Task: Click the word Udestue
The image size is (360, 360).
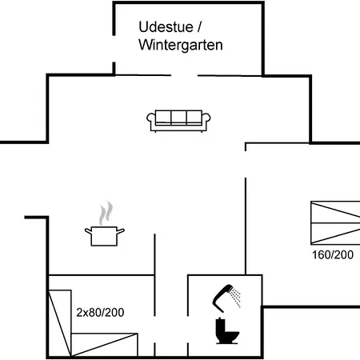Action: point(166,27)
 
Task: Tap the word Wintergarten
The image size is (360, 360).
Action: point(181,45)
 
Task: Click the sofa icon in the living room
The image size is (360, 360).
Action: point(178,121)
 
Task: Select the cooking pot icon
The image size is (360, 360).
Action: point(105,236)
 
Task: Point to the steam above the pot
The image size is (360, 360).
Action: point(106,213)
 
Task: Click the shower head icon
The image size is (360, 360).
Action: point(223,298)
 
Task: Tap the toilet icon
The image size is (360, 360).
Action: point(227,330)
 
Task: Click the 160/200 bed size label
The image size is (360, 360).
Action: point(333,255)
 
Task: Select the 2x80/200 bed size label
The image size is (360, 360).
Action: point(100,313)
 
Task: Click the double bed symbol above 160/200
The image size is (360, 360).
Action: point(335,222)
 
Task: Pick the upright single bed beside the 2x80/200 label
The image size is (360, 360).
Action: point(60,323)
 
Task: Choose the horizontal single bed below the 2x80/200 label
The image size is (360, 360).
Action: point(104,345)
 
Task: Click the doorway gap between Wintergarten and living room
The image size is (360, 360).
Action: point(184,75)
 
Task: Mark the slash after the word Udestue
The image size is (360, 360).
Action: point(199,27)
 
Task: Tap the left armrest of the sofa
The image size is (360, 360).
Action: point(151,118)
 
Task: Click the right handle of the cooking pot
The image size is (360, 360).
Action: point(121,231)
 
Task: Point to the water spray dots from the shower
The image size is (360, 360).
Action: point(236,297)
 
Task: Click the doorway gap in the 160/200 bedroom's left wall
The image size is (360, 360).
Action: point(246,164)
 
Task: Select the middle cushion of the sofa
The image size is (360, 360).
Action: point(178,118)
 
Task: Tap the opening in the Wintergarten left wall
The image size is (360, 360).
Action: point(114,49)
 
